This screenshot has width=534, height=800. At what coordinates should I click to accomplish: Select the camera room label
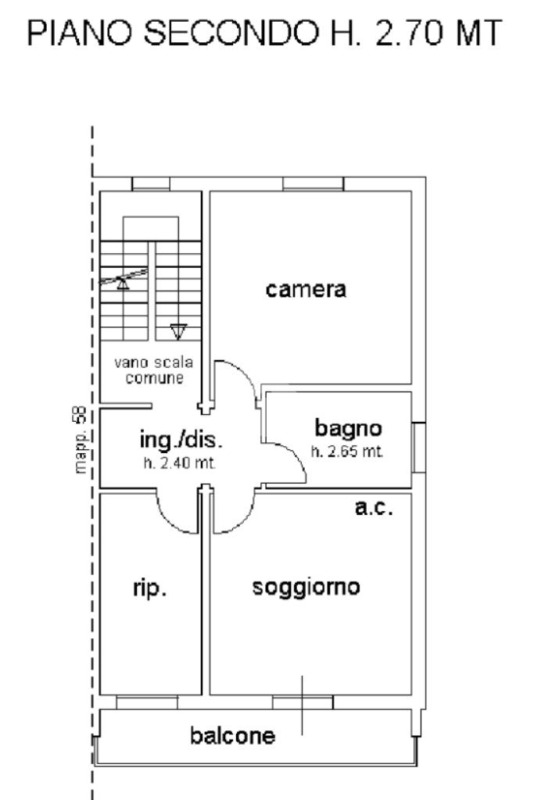pos(306,291)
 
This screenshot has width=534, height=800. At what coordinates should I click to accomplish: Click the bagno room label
pos(348,427)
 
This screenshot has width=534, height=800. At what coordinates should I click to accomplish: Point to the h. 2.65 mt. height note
pos(347,452)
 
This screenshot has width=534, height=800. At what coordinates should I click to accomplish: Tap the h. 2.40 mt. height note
pos(179,463)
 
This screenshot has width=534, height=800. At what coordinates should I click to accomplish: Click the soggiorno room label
pos(306,587)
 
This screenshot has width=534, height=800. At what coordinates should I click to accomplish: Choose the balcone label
pos(233,735)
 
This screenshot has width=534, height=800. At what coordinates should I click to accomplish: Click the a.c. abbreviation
pos(374,507)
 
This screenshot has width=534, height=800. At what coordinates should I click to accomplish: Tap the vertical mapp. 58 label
pos(81,441)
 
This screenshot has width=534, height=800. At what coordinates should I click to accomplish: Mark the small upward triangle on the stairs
pos(124,283)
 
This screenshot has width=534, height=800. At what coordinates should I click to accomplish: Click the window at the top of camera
pos(313,184)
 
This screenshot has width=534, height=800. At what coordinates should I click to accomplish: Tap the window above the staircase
pos(151,184)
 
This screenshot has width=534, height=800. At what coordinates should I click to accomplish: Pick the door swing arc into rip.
pos(176,516)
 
